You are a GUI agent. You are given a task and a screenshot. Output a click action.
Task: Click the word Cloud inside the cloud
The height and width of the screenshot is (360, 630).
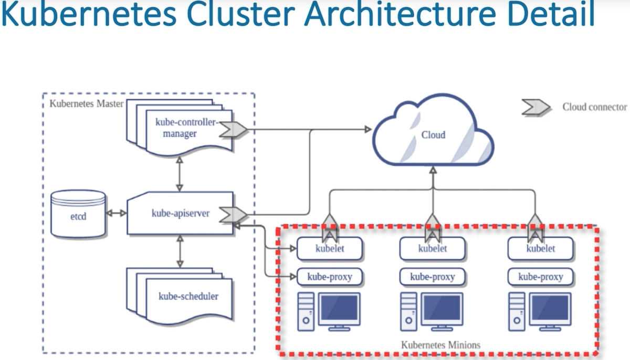point(433,135)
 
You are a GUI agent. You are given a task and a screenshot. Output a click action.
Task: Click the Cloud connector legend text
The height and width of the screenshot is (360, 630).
point(594,107)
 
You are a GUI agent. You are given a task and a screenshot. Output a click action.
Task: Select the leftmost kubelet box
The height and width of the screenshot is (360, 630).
point(330,249)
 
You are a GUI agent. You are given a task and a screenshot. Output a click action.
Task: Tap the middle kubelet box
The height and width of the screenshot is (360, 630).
point(433,249)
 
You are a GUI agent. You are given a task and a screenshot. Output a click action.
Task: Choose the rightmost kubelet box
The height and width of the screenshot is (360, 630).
point(540,249)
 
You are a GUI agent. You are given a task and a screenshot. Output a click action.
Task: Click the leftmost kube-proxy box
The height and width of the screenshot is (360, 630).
point(330,277)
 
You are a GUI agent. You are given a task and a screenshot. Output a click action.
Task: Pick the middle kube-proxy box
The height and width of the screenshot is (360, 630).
point(433,277)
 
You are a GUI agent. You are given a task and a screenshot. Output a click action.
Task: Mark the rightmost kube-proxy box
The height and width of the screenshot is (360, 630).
point(540,277)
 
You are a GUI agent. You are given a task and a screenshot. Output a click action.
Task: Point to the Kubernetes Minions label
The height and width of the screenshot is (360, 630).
point(440,345)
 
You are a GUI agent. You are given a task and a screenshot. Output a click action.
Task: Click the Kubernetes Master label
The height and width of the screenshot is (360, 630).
point(86,103)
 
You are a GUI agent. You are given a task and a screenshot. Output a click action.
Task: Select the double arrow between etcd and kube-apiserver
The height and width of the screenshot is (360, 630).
point(116,214)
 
